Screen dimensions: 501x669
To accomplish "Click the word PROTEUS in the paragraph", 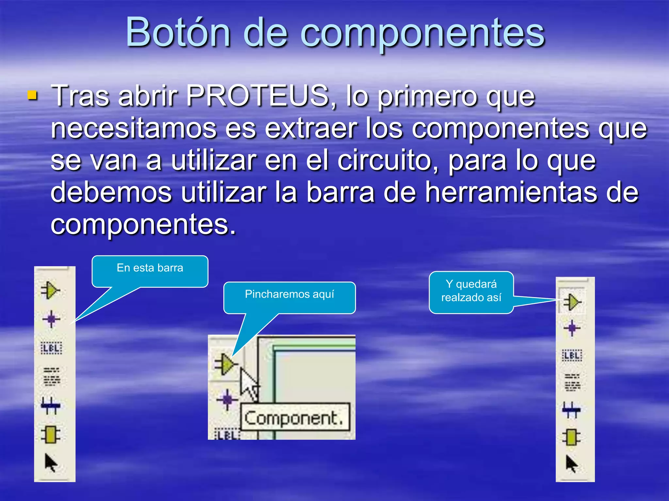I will click(x=257, y=96).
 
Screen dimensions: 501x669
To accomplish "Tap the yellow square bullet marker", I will click(x=32, y=96).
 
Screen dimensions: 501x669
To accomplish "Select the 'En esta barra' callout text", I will click(x=150, y=268).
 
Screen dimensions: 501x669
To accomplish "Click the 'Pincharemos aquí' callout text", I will click(x=289, y=294).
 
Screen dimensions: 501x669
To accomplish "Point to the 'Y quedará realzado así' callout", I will click(x=471, y=291).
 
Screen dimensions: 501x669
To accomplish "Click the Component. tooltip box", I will click(x=295, y=418).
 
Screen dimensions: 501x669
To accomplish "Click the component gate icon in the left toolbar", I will click(x=50, y=290).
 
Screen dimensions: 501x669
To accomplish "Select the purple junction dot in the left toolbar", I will click(x=51, y=319).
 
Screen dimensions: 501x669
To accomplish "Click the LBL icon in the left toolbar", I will click(x=51, y=348).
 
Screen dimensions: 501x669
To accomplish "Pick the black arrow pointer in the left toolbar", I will click(x=51, y=463).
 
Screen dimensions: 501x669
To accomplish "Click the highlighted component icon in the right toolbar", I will click(x=572, y=302).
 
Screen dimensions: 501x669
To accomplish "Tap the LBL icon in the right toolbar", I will click(x=572, y=356).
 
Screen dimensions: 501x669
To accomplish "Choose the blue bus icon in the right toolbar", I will click(x=571, y=410).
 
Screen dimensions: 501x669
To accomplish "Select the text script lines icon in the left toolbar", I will click(x=52, y=376).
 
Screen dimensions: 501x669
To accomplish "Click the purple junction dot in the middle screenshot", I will click(x=227, y=399).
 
